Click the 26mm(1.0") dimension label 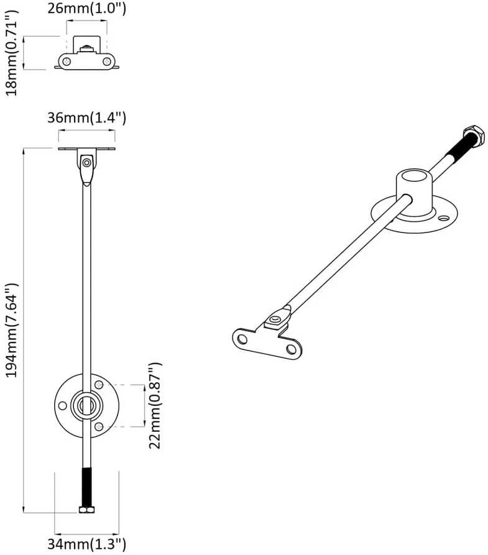point(87,9)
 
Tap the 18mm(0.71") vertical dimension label point(12,53)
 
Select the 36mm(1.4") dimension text point(87,117)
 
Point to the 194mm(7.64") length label point(12,330)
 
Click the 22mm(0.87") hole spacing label point(155,406)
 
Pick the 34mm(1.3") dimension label point(87,543)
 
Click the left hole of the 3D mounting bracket point(242,339)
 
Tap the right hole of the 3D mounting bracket point(292,350)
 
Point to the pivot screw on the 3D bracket point(274,320)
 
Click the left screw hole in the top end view point(67,62)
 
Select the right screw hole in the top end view point(107,62)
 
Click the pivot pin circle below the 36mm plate point(86,163)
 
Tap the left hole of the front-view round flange point(62,406)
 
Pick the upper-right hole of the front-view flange point(99,384)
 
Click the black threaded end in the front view point(87,487)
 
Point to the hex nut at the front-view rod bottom point(87,510)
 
